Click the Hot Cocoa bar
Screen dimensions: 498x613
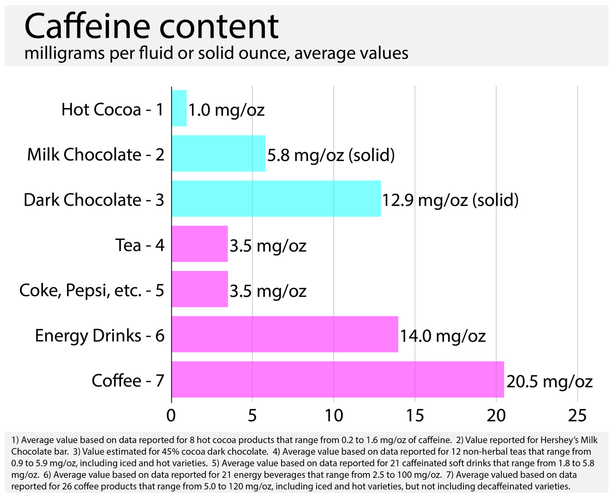[x=179, y=108]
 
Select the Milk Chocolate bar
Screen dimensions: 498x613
[x=218, y=153]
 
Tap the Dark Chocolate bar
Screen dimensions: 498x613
[x=276, y=198]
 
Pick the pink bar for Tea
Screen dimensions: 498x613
[x=199, y=244]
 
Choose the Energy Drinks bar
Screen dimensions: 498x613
[x=284, y=334]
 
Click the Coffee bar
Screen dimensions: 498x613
[x=337, y=379]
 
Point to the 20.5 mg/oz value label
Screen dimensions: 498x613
[x=549, y=381]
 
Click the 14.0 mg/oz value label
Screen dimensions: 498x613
[x=443, y=336]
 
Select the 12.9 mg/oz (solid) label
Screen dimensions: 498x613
[x=450, y=200]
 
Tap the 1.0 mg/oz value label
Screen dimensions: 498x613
[x=226, y=110]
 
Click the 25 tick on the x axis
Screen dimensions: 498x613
[x=577, y=416]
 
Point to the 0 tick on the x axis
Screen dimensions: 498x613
[x=171, y=416]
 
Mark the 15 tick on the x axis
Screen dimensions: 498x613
[x=415, y=416]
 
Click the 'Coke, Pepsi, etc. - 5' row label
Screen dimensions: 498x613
[x=92, y=290]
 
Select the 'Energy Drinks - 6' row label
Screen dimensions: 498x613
[x=100, y=335]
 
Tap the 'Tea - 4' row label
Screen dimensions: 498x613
[x=140, y=245]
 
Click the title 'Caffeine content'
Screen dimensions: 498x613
[x=151, y=26]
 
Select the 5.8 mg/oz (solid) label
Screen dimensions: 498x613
[x=331, y=155]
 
